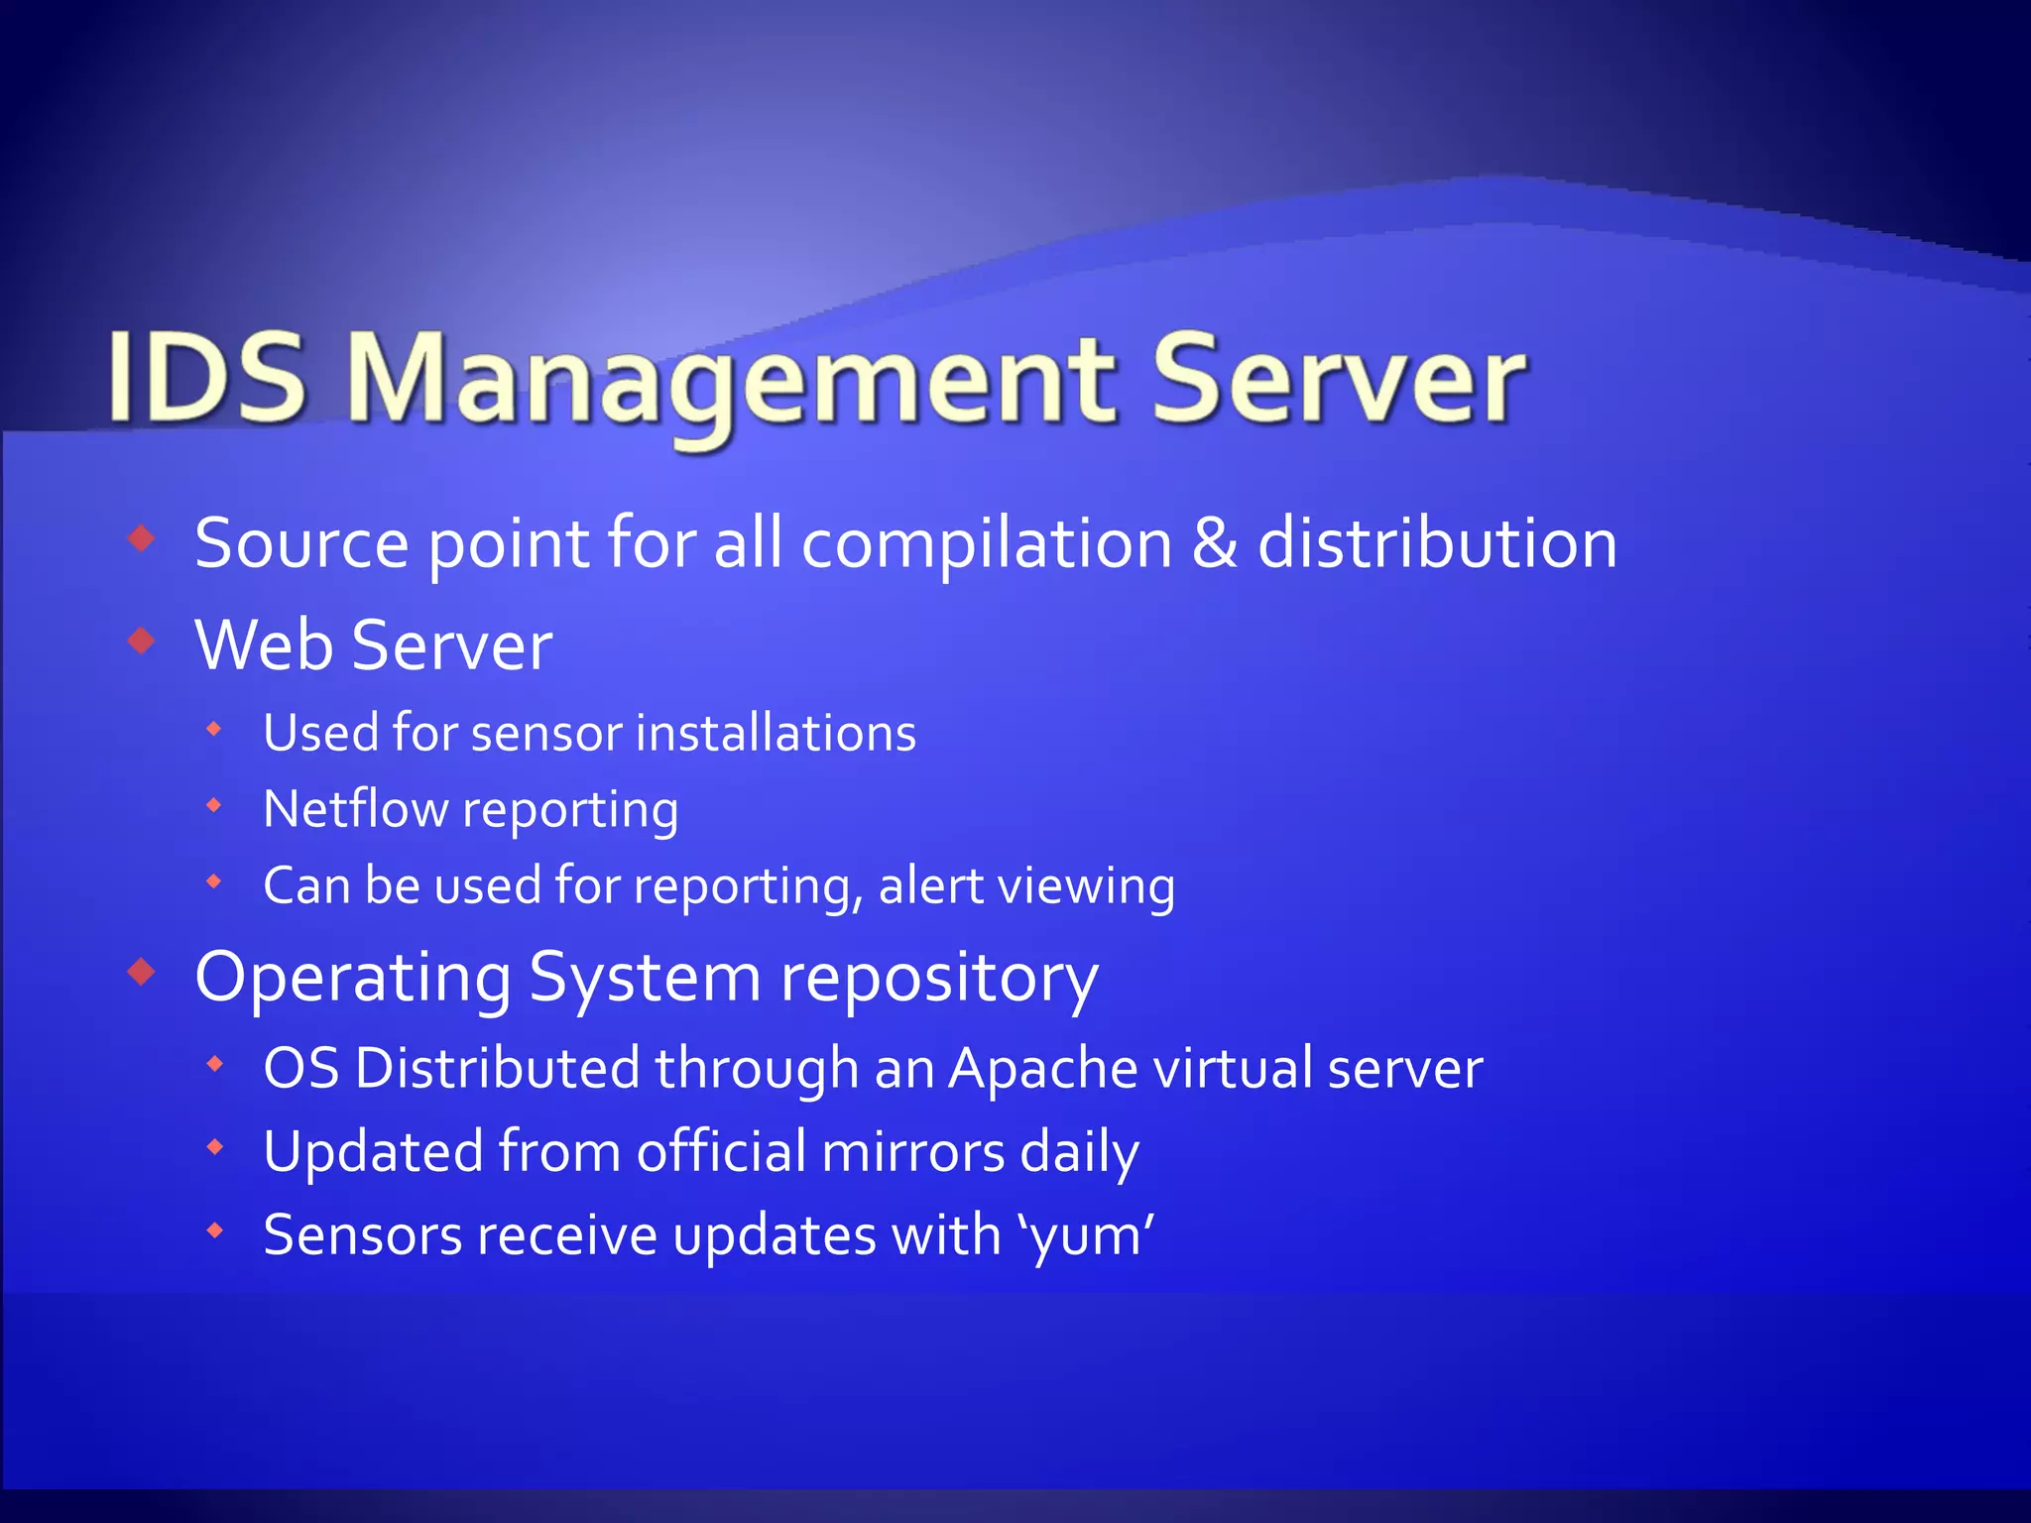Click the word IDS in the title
tap(206, 378)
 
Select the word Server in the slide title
tap(1338, 378)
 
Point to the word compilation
tap(987, 544)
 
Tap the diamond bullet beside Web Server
tap(143, 642)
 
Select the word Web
tap(264, 644)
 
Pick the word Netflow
tap(355, 808)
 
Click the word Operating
tap(353, 979)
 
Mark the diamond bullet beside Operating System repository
tap(143, 973)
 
